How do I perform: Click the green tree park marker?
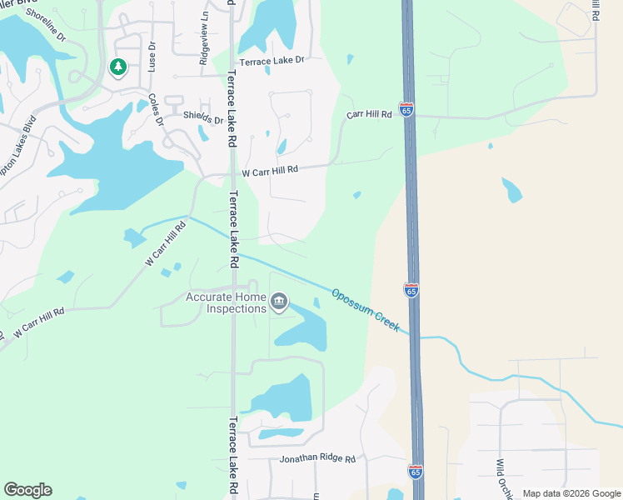(118, 67)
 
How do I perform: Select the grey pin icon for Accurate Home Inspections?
(279, 301)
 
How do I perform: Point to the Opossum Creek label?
(364, 309)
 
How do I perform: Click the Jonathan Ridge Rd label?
(317, 459)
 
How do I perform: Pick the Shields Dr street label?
(204, 118)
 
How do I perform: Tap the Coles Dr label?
(156, 108)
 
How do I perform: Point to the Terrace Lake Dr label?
(272, 62)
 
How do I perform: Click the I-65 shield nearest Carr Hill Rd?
(406, 109)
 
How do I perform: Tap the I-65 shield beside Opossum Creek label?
(411, 290)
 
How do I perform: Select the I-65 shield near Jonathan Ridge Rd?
(416, 472)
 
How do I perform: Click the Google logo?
(27, 490)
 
